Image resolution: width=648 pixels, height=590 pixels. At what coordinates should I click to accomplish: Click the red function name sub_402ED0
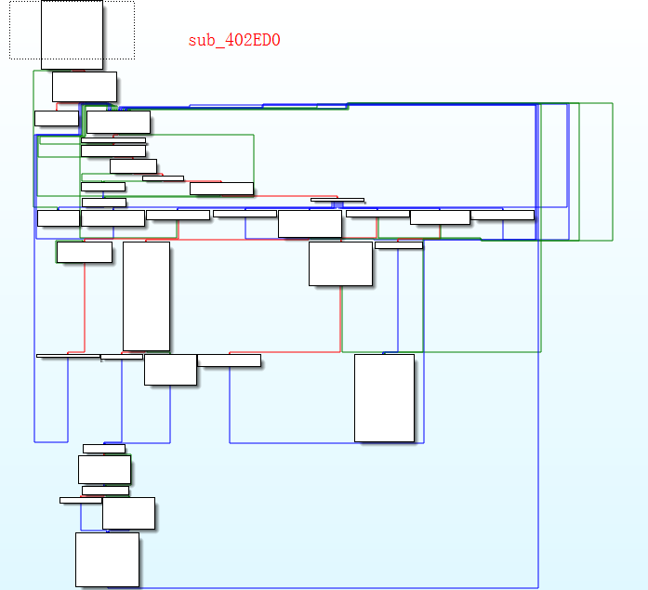click(234, 40)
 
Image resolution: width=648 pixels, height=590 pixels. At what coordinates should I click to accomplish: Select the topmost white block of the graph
click(72, 34)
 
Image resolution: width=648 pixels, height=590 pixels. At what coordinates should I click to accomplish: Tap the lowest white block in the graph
click(107, 559)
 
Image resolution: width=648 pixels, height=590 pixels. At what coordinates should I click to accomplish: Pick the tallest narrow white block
click(146, 296)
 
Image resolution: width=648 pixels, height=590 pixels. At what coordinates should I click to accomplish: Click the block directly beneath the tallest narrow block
click(170, 369)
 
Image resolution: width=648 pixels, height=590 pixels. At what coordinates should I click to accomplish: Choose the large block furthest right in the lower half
click(384, 398)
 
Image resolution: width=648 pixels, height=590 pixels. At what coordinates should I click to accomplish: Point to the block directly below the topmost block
click(85, 86)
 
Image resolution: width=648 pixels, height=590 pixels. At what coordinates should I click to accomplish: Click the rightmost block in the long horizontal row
click(503, 216)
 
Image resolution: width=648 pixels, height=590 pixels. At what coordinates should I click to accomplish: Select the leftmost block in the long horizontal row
click(58, 218)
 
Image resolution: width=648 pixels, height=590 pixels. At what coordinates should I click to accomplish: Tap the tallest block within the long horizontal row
click(310, 224)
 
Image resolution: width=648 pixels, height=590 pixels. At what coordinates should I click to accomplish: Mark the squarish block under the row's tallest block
click(340, 264)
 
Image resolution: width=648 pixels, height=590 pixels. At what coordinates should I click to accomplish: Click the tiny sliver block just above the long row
click(337, 200)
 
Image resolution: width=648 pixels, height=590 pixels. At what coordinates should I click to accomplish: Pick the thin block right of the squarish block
click(399, 245)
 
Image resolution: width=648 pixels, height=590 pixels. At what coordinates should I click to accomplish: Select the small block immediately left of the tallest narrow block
click(84, 252)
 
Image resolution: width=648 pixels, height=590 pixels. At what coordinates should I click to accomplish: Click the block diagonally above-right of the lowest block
click(128, 513)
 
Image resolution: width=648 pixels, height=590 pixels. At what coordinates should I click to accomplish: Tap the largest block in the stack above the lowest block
click(104, 469)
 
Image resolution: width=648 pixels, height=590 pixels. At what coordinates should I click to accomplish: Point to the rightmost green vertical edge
click(613, 172)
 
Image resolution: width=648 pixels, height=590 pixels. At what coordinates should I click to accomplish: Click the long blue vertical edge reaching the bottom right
click(538, 418)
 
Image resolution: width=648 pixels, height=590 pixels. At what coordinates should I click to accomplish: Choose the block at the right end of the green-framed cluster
click(221, 189)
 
